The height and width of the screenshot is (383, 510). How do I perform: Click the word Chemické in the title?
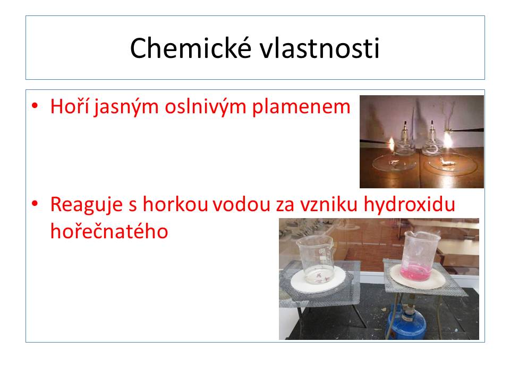[x=191, y=48]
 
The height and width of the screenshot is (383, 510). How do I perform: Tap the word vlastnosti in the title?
[x=319, y=48]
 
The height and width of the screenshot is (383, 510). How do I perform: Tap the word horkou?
[x=176, y=204]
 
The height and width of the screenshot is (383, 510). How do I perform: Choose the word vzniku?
[x=328, y=204]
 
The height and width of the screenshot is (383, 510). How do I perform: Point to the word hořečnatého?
[x=109, y=231]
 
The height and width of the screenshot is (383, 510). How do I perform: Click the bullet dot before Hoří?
[x=35, y=106]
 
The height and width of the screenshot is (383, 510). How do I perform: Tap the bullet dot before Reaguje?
[x=35, y=204]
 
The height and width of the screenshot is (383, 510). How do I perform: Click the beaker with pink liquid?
[x=420, y=256]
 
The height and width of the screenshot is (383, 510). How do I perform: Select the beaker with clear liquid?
[x=316, y=260]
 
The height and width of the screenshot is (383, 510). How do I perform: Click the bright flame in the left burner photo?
[x=392, y=144]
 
